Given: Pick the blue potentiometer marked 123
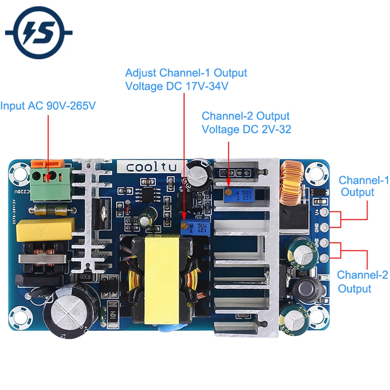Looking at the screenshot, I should tap(238, 194).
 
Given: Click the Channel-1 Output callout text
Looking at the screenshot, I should tap(363, 186).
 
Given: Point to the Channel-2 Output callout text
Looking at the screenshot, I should tap(362, 282).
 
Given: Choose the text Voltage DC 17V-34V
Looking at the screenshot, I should tap(177, 86).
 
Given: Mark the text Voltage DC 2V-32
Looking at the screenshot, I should tap(246, 129).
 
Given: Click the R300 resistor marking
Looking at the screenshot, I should tap(85, 276).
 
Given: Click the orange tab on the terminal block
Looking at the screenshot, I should tap(47, 163).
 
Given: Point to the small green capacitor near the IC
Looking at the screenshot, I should tap(147, 220).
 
